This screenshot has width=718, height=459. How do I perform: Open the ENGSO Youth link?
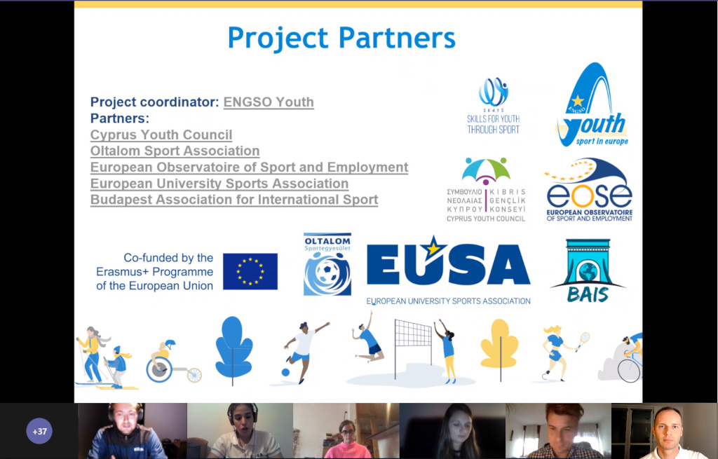tap(269, 102)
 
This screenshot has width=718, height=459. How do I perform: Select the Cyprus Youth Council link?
tap(161, 135)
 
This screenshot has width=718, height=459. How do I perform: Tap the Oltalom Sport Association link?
tap(175, 151)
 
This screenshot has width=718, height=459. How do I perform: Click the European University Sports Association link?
tap(219, 184)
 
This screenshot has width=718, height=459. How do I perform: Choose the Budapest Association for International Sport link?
tap(234, 200)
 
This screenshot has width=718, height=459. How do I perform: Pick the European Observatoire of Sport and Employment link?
tap(249, 167)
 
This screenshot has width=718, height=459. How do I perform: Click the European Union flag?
tap(250, 271)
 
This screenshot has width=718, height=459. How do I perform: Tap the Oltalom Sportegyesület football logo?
tap(327, 264)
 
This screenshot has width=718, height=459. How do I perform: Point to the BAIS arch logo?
tap(588, 270)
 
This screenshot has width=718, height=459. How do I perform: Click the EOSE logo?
tap(589, 190)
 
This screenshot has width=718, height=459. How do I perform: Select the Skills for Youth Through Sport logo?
tap(493, 106)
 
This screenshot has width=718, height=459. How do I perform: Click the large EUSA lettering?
tap(448, 264)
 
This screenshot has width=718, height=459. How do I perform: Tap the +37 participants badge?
tap(39, 431)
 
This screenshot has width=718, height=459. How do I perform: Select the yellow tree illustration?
tap(500, 344)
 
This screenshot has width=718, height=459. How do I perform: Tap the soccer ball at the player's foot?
tap(285, 372)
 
